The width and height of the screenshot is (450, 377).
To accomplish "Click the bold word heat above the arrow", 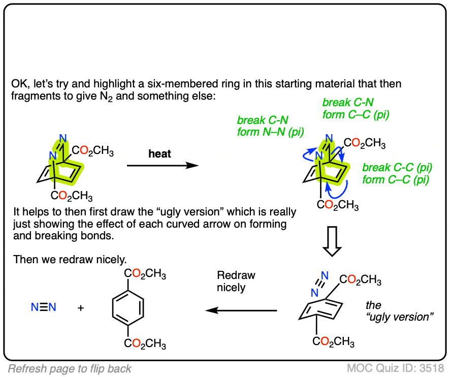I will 160,154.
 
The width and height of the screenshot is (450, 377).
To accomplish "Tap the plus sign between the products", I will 81,308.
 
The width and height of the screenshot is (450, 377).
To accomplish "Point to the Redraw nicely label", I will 236,281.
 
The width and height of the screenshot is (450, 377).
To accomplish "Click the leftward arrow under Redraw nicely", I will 241,310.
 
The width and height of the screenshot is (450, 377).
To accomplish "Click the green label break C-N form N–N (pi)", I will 270,127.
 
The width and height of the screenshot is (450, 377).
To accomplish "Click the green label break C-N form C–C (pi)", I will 356,109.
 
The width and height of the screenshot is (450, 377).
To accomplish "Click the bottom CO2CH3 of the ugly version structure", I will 333,341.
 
